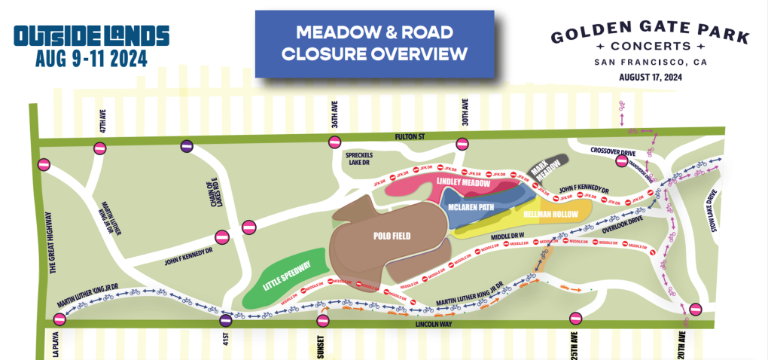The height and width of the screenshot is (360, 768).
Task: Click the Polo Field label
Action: coord(392,236)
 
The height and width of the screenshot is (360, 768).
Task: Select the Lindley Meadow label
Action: coord(463,183)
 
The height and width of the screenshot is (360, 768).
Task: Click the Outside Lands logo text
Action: coord(91,35)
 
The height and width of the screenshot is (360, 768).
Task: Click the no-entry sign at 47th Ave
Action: coord(99,148)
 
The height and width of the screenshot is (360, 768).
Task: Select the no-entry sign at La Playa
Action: coord(59,320)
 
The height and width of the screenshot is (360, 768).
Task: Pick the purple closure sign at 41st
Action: coord(225,321)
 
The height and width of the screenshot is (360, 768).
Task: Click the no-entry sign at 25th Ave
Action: coord(577,319)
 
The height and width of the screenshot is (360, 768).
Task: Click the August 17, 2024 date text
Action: coord(650,77)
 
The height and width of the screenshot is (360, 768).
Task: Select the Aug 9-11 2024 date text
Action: coord(90,58)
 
